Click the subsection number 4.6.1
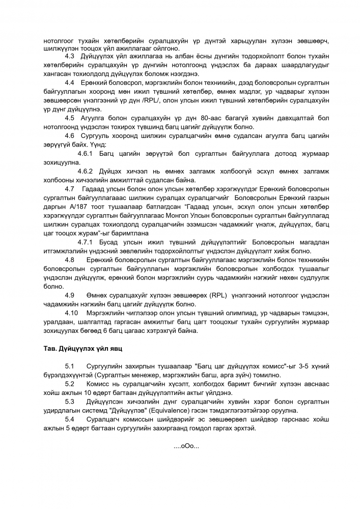click(84, 153)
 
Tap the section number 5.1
click(71, 366)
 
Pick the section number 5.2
click(71, 384)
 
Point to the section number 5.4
click(71, 419)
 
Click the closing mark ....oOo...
click(186, 446)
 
